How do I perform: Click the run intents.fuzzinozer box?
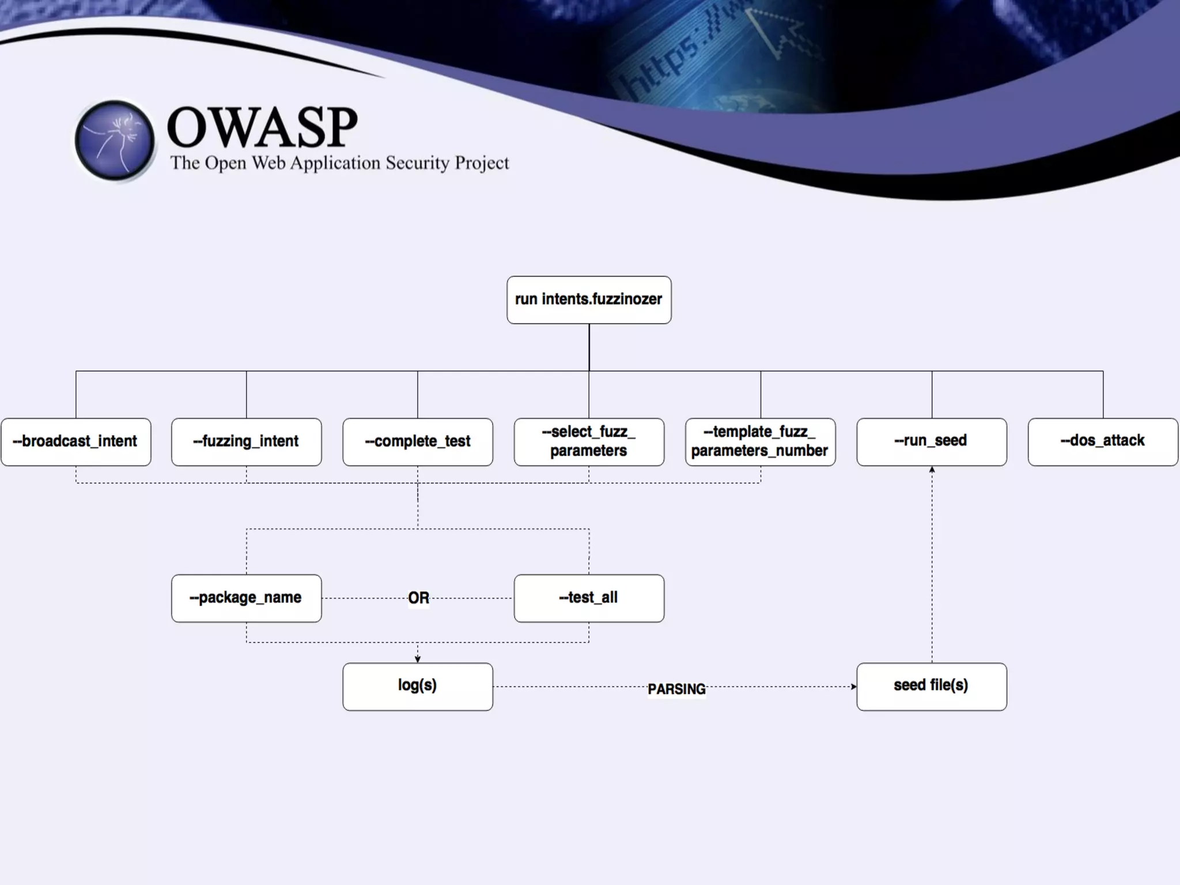pos(589,300)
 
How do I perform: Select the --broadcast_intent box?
pos(76,442)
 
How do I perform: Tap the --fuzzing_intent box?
pos(247,442)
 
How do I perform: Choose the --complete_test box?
pos(418,442)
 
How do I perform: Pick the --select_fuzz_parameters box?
pos(589,442)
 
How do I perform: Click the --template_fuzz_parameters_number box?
pos(760,442)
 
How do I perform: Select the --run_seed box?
pos(932,442)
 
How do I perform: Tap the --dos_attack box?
pos(1103,442)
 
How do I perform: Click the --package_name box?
pos(247,598)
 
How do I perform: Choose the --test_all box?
pos(589,598)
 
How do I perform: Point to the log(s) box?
pos(418,686)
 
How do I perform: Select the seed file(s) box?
pos(932,686)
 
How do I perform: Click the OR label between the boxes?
pos(419,598)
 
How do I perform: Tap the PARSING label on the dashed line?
pos(676,689)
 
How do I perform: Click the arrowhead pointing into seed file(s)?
pos(853,686)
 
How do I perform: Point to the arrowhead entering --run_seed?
pos(932,470)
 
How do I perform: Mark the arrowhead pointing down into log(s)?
pos(418,659)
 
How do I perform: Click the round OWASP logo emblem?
pos(115,140)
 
